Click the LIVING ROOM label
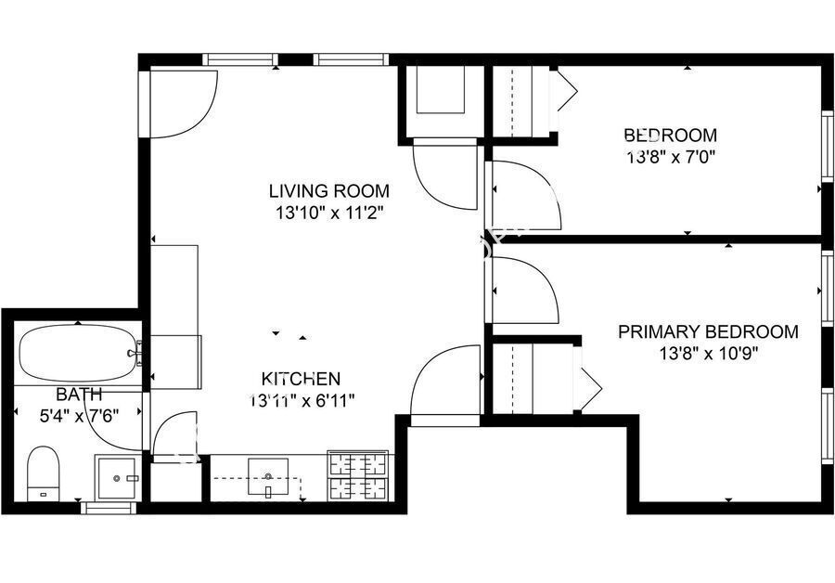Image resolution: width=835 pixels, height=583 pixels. pos(328,191)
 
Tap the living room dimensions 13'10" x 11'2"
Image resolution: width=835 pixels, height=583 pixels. pos(329,214)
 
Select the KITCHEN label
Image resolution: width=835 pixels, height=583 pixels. pos(301,379)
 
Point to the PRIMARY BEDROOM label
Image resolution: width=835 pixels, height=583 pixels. pos(708,331)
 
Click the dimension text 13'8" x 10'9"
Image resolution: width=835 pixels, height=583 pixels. pos(708,354)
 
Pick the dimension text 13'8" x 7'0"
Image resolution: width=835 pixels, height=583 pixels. pos(671,157)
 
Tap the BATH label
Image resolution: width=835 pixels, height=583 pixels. pos(79,395)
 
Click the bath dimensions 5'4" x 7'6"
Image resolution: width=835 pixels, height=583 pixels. pos(79,415)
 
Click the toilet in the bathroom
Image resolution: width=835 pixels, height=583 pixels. pos(43,473)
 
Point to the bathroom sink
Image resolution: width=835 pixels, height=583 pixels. pos(117,477)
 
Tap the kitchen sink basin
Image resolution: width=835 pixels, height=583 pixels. pos(268,477)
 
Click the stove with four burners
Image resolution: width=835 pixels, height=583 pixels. pos(358,476)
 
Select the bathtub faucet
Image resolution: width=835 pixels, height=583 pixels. pos(135,353)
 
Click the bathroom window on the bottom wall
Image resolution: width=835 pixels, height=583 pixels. pos(109,508)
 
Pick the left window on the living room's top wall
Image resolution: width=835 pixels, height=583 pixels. pos(240,59)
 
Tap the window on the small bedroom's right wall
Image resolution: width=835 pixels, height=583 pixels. pos(828,146)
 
